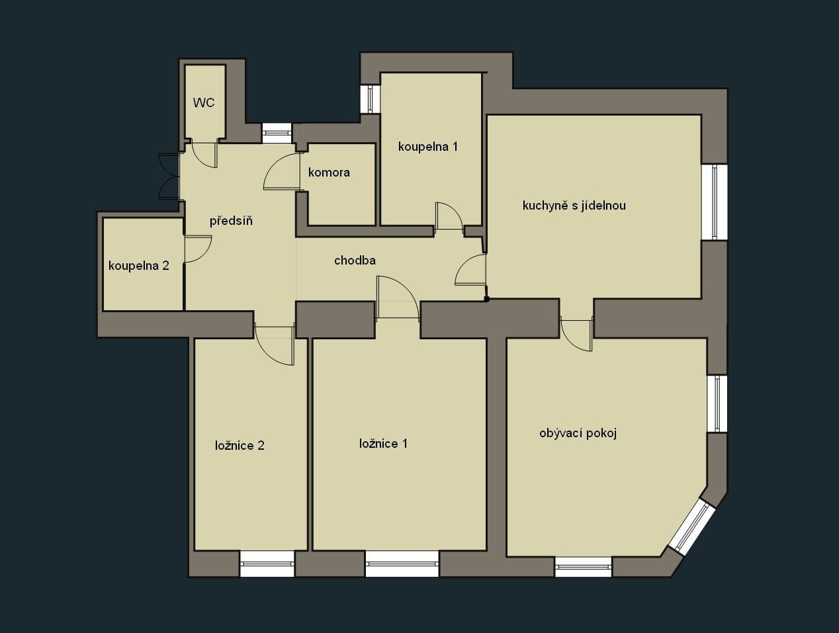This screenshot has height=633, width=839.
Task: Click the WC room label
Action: click(x=204, y=103)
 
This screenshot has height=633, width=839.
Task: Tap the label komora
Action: click(x=329, y=173)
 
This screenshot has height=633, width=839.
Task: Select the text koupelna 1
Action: click(x=427, y=147)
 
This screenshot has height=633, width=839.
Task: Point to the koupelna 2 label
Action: click(x=139, y=266)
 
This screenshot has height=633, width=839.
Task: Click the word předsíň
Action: click(x=231, y=221)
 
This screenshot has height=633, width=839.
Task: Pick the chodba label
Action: click(x=355, y=261)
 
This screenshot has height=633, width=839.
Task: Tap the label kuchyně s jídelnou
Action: click(x=574, y=206)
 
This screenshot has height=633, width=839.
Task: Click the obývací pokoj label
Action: click(x=578, y=434)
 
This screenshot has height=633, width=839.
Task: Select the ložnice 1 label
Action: click(x=383, y=444)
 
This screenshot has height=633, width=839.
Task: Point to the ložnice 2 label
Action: click(x=240, y=446)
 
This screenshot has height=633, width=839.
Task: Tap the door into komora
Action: click(x=281, y=173)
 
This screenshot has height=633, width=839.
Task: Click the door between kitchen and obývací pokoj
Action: click(x=577, y=334)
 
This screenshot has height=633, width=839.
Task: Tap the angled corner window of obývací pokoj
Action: click(x=691, y=526)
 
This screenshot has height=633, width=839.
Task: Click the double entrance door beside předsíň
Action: click(x=169, y=176)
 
